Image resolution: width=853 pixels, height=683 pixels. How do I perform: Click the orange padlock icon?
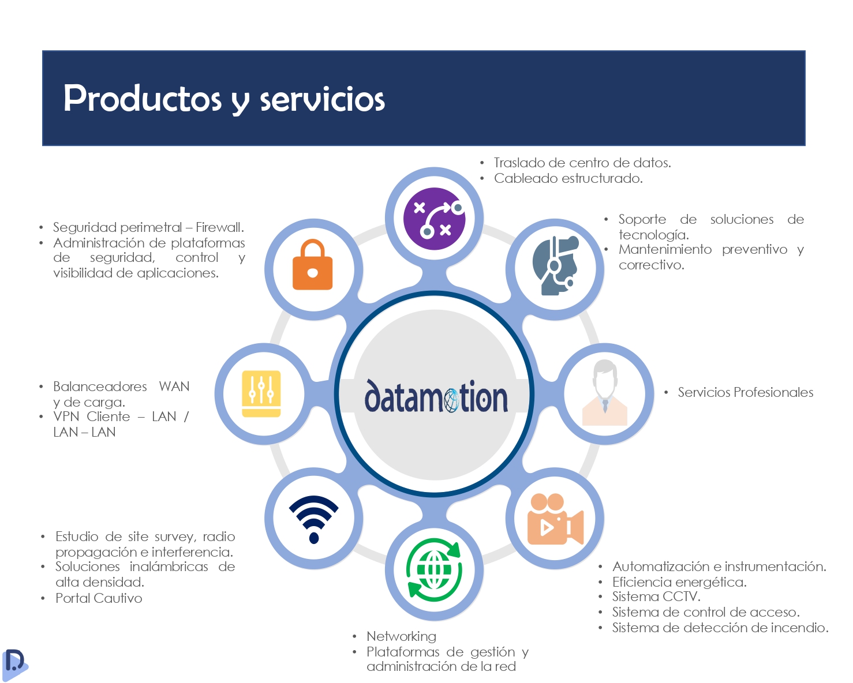[312, 264]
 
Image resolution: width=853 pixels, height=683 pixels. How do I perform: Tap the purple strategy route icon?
[434, 219]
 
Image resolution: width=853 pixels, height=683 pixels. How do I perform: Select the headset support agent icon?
[555, 265]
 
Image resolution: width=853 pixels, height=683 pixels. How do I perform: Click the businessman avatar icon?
[604, 392]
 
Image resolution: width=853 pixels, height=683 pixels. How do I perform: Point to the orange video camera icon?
[555, 519]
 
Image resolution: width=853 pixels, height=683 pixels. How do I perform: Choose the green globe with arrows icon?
[434, 570]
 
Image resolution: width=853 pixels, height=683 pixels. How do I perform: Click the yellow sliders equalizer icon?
[261, 393]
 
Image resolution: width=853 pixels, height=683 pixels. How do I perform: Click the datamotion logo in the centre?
[436, 396]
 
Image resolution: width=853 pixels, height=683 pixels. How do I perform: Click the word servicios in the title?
[322, 99]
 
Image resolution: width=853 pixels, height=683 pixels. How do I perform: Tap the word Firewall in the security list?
[219, 227]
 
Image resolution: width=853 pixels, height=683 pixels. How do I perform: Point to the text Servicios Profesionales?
[745, 392]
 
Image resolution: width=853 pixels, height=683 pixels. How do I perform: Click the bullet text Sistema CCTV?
[656, 596]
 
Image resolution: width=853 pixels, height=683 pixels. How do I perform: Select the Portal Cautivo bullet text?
[99, 598]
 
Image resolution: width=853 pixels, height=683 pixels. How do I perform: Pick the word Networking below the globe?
[401, 636]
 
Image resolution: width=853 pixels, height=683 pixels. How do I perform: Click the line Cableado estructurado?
[568, 179]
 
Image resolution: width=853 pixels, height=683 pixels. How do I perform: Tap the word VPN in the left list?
[66, 416]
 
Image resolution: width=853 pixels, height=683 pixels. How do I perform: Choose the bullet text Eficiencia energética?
[679, 583]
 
